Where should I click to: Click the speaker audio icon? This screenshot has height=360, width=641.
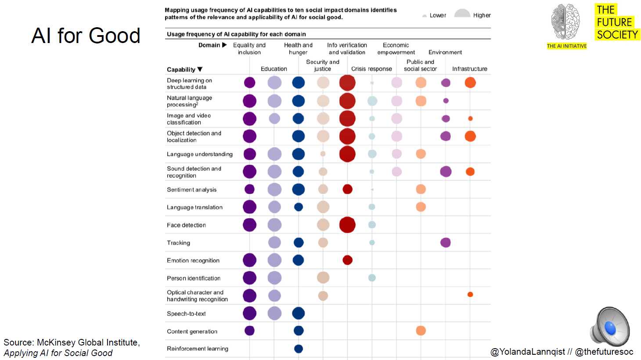click(x=610, y=327)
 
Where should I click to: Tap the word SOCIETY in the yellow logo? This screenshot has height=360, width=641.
click(x=617, y=35)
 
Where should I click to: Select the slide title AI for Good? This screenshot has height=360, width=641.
click(x=86, y=36)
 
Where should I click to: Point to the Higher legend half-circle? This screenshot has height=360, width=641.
click(x=462, y=13)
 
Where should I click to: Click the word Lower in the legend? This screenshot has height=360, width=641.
click(x=437, y=15)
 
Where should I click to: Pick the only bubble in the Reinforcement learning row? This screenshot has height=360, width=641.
click(x=299, y=349)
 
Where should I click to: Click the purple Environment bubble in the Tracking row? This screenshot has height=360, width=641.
click(x=445, y=242)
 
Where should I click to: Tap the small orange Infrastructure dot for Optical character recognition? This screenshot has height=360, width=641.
click(x=470, y=294)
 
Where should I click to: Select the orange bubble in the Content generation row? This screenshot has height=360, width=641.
click(x=421, y=331)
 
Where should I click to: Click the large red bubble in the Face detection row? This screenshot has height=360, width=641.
click(x=347, y=225)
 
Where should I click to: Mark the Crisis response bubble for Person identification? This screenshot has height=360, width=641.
click(x=372, y=277)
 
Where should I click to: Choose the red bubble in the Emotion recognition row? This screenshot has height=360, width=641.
click(x=347, y=260)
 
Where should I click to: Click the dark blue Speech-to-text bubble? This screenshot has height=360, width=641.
click(x=298, y=313)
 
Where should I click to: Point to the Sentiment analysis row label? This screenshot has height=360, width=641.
click(x=191, y=190)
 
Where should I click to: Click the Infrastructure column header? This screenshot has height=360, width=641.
click(x=469, y=69)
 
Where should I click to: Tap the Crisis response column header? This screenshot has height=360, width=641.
click(x=371, y=69)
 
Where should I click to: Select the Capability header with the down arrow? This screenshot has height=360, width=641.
click(x=184, y=69)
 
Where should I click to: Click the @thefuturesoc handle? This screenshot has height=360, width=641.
click(x=604, y=352)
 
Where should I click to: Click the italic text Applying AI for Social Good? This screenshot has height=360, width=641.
click(x=58, y=353)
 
